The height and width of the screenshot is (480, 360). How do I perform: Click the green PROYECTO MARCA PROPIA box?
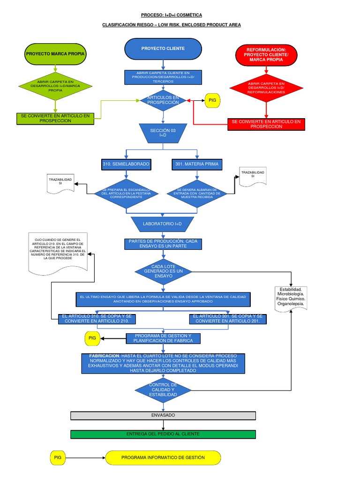[x=55, y=54]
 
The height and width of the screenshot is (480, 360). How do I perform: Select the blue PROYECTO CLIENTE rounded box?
[x=163, y=49]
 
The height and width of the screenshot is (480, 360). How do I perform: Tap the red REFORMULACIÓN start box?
[x=266, y=54]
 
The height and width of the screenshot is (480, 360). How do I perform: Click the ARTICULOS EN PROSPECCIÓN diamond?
[x=163, y=100]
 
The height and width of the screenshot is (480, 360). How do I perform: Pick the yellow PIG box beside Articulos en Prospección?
[x=212, y=100]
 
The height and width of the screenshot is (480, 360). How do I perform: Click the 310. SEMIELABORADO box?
[x=126, y=165]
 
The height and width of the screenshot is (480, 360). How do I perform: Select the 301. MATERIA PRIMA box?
[x=197, y=165]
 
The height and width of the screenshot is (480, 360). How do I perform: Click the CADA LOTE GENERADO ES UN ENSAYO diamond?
[x=163, y=271]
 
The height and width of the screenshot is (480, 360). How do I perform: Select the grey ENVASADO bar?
[x=163, y=415]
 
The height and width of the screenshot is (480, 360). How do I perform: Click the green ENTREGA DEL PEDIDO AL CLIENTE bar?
[x=163, y=434]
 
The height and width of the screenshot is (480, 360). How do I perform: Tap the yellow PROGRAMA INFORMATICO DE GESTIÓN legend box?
[x=162, y=457]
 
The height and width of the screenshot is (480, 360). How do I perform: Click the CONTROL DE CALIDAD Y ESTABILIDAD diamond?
[x=163, y=390]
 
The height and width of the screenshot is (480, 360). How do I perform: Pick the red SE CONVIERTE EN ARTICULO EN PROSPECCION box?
[x=266, y=124]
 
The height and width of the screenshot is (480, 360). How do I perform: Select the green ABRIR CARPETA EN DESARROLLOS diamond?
[x=55, y=85]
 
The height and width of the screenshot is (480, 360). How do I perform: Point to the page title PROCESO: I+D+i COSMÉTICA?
[x=172, y=15]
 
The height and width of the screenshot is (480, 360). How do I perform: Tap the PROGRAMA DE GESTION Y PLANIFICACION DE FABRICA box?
[x=163, y=338]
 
